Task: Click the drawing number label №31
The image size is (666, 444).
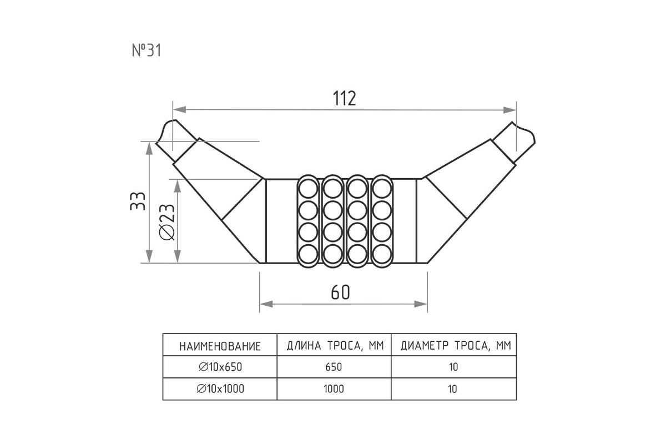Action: [147, 51]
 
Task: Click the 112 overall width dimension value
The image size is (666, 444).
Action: [344, 98]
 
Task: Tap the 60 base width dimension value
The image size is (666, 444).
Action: [340, 292]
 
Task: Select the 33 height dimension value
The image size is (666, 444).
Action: [138, 201]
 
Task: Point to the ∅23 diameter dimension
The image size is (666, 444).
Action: [167, 222]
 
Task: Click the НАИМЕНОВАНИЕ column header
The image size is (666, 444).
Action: [220, 346]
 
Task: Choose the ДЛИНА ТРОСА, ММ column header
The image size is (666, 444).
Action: [335, 346]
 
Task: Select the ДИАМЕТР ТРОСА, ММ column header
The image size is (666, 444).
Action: [456, 346]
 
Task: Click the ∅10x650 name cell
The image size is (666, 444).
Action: [220, 367]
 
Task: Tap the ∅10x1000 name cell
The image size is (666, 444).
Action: [220, 389]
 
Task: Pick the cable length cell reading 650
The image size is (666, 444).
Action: [334, 367]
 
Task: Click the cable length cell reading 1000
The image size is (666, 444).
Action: [334, 389]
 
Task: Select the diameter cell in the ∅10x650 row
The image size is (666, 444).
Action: [453, 367]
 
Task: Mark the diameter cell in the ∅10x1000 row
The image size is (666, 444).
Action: [452, 389]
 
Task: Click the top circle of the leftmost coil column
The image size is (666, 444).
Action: [309, 189]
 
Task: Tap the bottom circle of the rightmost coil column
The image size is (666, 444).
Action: [382, 254]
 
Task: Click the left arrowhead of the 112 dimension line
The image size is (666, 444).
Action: [180, 110]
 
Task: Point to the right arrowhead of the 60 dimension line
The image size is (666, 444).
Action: [421, 304]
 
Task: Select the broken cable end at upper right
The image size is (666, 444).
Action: [514, 142]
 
